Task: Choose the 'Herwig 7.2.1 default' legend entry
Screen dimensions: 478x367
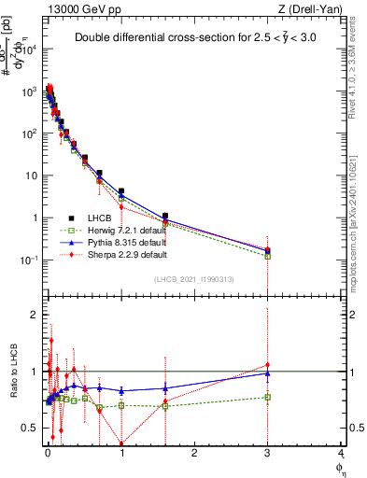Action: pyautogui.click(x=121, y=229)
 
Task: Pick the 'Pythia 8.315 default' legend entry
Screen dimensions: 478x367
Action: pyautogui.click(x=121, y=241)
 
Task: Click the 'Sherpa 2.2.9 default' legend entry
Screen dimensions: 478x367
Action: pyautogui.click(x=121, y=253)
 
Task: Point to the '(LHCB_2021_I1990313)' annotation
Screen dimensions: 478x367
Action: pyautogui.click(x=194, y=279)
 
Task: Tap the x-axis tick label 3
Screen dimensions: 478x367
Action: pyautogui.click(x=268, y=459)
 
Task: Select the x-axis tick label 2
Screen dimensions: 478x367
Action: pyautogui.click(x=194, y=459)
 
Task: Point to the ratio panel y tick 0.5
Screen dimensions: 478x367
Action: pyautogui.click(x=30, y=428)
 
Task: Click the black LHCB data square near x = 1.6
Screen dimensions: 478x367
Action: pyautogui.click(x=165, y=217)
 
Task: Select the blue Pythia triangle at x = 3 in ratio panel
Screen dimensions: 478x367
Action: pyautogui.click(x=268, y=373)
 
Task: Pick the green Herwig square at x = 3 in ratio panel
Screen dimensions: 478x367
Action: pyautogui.click(x=268, y=397)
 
